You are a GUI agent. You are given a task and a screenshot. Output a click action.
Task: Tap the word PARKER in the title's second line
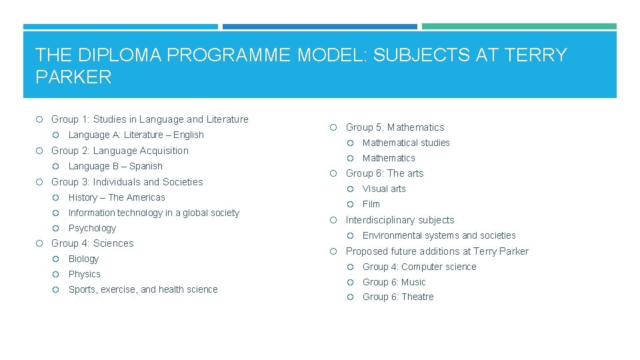click(x=73, y=77)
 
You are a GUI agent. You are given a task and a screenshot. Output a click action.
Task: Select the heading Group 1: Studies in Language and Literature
click(x=149, y=119)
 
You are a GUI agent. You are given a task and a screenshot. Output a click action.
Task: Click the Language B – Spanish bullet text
click(x=115, y=166)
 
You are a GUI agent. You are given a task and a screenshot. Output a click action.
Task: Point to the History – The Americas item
click(x=117, y=197)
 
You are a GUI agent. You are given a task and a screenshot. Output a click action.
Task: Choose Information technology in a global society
click(x=153, y=213)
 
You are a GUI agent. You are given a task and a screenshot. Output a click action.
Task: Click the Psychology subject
click(x=92, y=228)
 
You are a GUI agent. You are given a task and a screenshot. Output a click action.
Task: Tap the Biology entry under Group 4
click(x=83, y=259)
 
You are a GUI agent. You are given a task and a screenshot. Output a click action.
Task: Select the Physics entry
click(x=85, y=274)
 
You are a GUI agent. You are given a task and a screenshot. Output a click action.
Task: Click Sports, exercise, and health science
click(x=143, y=289)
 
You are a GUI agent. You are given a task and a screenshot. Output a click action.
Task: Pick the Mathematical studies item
click(x=406, y=143)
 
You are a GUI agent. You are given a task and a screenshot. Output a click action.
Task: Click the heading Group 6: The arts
click(x=385, y=173)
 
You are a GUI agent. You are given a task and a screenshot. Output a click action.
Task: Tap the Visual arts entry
click(x=384, y=189)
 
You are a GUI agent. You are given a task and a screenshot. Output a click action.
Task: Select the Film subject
click(x=371, y=204)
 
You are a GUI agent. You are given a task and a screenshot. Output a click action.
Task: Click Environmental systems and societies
click(x=439, y=235)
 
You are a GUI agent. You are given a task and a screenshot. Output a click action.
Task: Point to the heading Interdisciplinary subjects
click(x=400, y=220)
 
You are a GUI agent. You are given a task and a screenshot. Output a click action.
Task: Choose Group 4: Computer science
click(x=419, y=267)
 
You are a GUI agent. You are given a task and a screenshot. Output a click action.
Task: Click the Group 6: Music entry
click(x=394, y=282)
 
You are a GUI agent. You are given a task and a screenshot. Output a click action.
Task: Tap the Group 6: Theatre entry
click(x=398, y=297)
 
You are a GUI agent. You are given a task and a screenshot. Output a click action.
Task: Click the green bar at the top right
click(x=519, y=27)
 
